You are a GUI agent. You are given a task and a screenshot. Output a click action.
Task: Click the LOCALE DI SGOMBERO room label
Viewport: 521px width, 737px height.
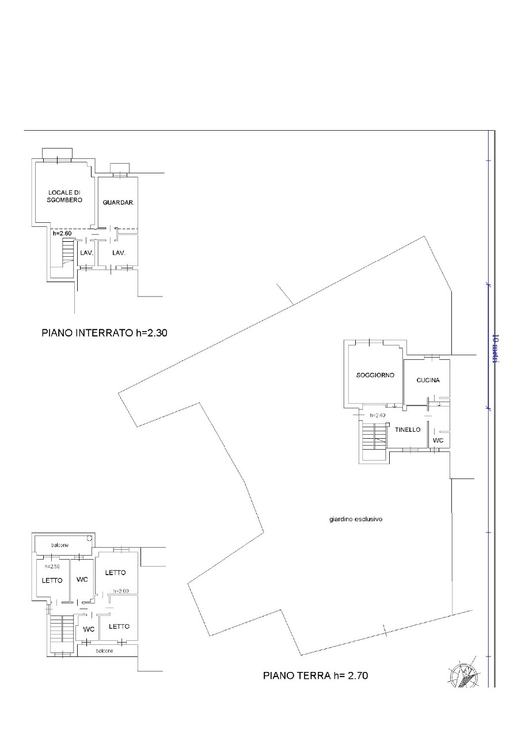click(x=64, y=196)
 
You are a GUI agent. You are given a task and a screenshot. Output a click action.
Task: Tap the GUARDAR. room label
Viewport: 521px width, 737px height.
click(x=119, y=203)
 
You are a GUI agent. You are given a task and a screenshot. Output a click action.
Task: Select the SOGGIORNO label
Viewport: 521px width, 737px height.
click(x=375, y=375)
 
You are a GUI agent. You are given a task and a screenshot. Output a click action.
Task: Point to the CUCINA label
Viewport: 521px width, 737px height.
click(x=428, y=381)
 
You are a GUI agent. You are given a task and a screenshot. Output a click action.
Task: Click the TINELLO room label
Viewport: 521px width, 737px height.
click(x=408, y=430)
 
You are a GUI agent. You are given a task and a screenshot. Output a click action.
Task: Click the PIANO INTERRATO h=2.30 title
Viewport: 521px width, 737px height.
click(x=104, y=333)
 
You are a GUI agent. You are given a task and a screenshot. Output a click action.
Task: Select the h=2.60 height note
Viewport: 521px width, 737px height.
click(x=62, y=234)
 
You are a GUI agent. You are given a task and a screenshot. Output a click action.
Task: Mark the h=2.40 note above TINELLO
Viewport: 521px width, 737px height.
click(x=377, y=416)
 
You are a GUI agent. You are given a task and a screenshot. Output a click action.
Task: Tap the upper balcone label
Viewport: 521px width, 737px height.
click(x=60, y=545)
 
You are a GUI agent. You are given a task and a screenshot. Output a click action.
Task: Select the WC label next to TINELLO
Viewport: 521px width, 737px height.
click(x=438, y=440)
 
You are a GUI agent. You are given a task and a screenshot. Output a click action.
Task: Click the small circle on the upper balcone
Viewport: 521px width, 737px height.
click(x=89, y=538)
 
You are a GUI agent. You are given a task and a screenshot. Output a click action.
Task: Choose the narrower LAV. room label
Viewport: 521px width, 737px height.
click(x=87, y=253)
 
